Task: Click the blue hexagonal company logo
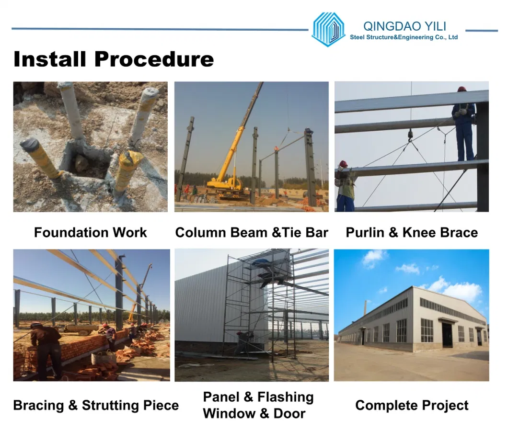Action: coord(328,29)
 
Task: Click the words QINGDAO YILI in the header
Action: coord(404,26)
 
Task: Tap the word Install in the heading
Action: coord(50,59)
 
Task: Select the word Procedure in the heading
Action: coord(154,59)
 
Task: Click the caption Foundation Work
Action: coord(91,232)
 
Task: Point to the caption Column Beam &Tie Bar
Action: coord(252,232)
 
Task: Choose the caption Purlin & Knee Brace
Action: coord(412,232)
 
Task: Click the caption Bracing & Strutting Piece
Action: coord(96,406)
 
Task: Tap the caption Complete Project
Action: coord(412,406)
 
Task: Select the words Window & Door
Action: coord(254,413)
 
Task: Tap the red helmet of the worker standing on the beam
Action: coord(462,89)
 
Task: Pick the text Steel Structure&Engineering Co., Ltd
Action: coord(404,37)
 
